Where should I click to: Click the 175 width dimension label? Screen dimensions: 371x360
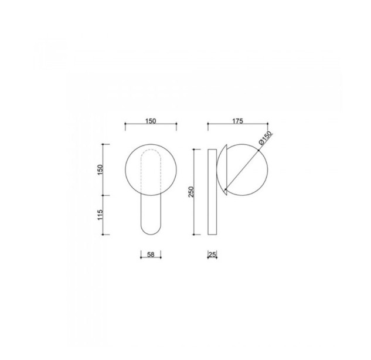pos(238,121)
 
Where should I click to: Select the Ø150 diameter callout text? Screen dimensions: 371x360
pos(266,138)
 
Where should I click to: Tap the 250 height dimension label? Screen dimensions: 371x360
pos(191,192)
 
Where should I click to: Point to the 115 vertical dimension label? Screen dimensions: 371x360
pos(100,215)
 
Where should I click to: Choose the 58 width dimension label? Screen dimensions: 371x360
pos(151,254)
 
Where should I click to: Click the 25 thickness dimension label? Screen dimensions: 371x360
pos(213,254)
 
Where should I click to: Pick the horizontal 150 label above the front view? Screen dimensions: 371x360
pos(151,121)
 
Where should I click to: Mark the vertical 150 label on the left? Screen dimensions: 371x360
pos(100,169)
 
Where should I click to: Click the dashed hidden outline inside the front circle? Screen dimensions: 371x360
pos(141,171)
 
